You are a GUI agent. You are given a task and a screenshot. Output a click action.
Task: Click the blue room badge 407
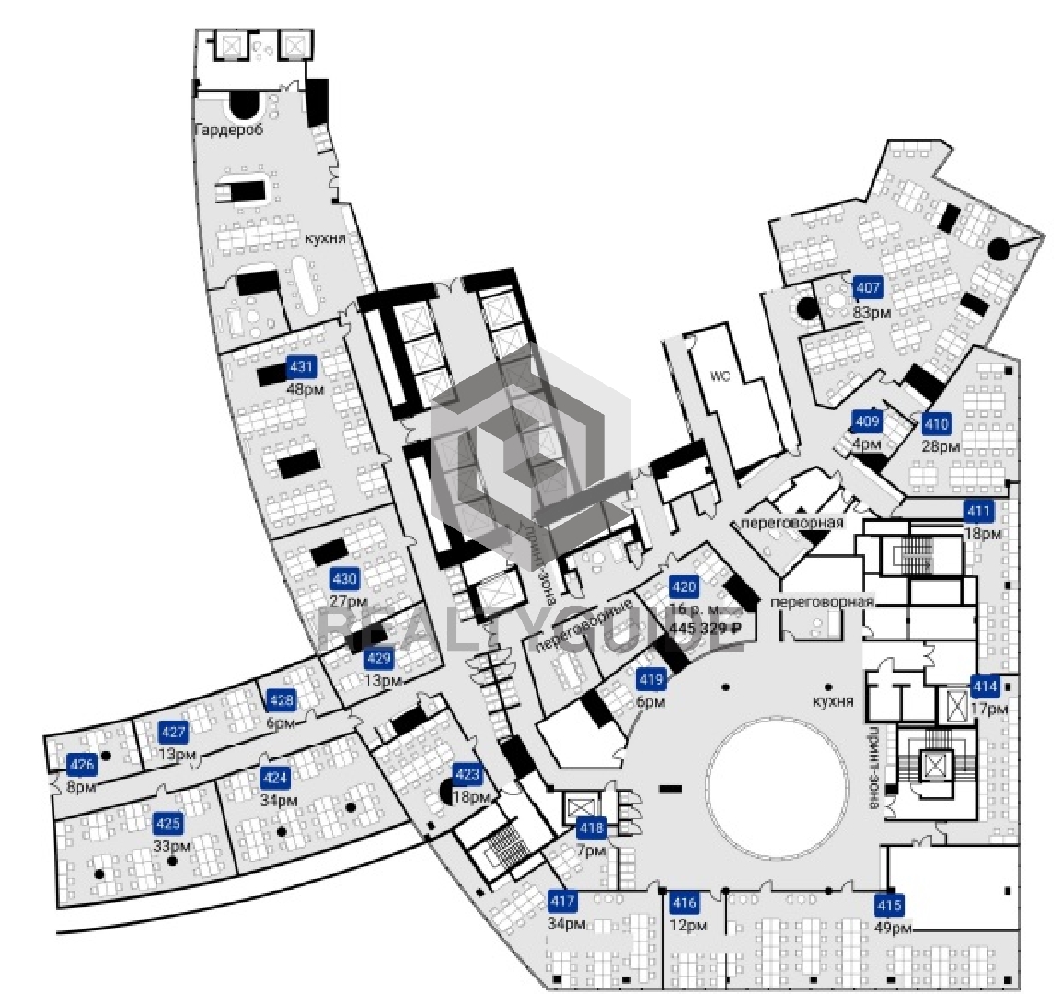tap(869, 288)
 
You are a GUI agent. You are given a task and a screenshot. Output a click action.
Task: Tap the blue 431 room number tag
tap(302, 366)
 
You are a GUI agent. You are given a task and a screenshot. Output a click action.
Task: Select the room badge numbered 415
tap(889, 904)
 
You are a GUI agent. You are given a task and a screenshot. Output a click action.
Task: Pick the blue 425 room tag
tap(168, 823)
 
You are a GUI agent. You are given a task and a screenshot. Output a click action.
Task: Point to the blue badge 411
tap(978, 512)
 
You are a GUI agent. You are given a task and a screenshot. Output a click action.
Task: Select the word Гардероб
tap(229, 131)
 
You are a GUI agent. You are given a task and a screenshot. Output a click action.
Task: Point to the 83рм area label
tap(872, 312)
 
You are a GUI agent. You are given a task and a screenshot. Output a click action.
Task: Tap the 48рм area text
tap(306, 389)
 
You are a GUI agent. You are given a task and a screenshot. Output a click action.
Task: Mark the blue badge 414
tap(985, 686)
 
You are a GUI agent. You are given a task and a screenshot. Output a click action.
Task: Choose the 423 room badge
tap(468, 774)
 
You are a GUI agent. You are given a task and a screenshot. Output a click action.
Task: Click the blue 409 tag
tap(867, 422)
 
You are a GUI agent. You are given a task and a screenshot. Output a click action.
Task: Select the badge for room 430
tap(344, 579)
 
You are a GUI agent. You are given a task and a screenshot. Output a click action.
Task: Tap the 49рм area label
tap(894, 927)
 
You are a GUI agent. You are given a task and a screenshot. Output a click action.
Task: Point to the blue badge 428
tap(281, 700)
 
